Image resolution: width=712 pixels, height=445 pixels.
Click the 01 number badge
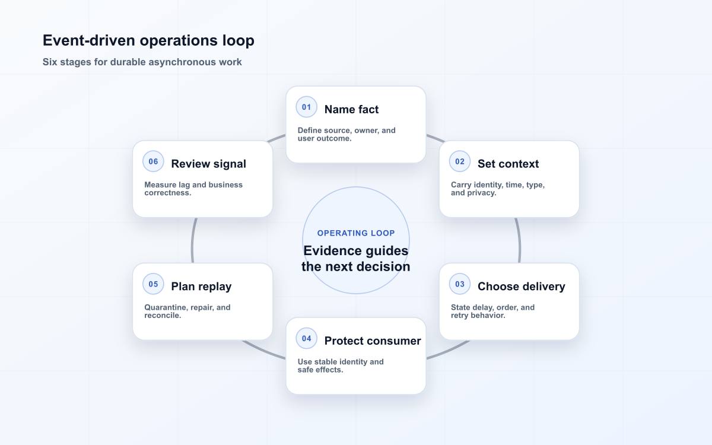[x=306, y=107]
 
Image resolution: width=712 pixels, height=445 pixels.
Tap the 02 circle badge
[x=460, y=161]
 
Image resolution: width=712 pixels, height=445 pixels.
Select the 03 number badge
[x=460, y=284]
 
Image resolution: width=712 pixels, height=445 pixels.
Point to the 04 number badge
[x=306, y=339]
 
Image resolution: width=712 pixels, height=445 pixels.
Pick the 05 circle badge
[x=153, y=284]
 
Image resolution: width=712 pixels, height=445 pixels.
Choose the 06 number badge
[x=153, y=161]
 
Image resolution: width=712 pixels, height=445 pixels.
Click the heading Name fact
[x=351, y=109]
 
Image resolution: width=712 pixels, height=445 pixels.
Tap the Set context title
[x=508, y=164]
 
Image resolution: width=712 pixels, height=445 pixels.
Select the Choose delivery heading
[x=522, y=287]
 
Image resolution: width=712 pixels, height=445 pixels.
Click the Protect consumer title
[x=373, y=341]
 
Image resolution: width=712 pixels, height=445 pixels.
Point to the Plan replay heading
[x=201, y=287]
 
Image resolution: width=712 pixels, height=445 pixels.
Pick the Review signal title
[x=208, y=164]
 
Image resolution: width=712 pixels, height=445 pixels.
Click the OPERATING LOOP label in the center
[x=356, y=233]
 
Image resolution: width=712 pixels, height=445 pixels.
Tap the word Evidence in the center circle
[x=332, y=251]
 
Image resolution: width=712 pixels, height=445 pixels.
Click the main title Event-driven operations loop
[x=148, y=40]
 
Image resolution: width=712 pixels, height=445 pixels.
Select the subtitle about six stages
[x=142, y=62]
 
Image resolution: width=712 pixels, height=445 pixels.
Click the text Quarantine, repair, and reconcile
[x=187, y=311]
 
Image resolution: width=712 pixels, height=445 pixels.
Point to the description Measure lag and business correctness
[x=193, y=189]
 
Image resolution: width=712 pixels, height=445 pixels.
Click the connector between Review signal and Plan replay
[x=192, y=240]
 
